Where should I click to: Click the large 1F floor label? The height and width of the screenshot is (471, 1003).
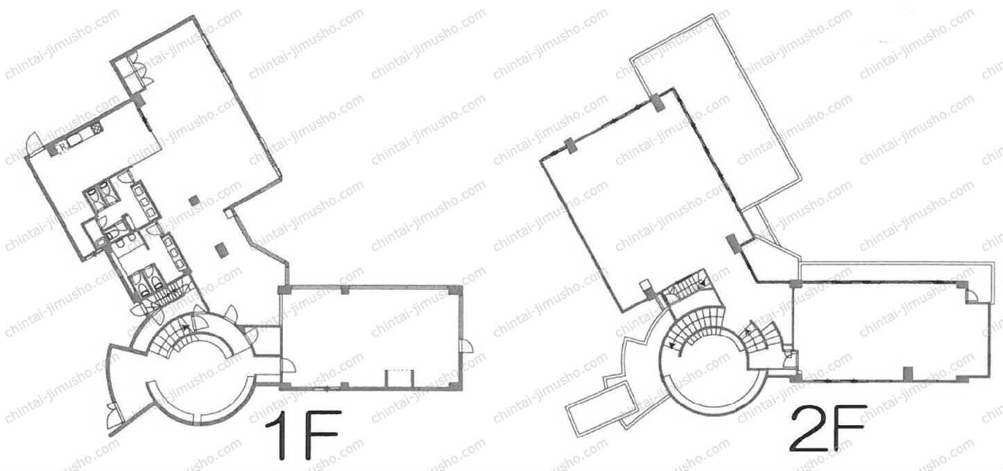(x=302, y=434)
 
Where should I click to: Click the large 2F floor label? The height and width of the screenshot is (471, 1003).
(x=828, y=428)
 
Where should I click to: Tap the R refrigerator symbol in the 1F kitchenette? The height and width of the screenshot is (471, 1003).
(x=62, y=145)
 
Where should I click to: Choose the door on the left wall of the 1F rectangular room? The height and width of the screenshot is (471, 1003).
(x=287, y=366)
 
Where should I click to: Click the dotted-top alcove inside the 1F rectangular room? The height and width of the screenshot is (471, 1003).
(x=400, y=377)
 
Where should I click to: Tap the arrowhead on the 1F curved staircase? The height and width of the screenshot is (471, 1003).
(x=185, y=327)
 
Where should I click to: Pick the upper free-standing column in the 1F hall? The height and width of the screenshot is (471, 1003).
(x=194, y=200)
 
